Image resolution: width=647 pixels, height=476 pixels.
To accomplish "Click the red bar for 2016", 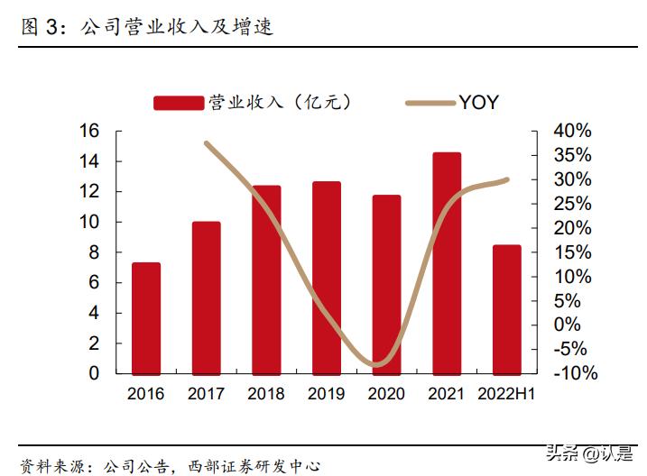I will [x=146, y=318].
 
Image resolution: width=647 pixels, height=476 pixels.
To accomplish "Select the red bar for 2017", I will [x=206, y=297].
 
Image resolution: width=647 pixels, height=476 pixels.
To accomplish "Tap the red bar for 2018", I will [x=266, y=279].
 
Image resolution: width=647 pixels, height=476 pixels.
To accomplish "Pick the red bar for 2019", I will [x=327, y=278].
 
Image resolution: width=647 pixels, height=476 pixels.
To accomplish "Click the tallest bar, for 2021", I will [x=447, y=263].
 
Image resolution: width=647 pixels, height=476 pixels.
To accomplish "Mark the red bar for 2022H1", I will [x=506, y=309].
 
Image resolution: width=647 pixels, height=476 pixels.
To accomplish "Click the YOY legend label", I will [x=478, y=103].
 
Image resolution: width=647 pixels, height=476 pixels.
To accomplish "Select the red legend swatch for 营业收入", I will [x=178, y=103].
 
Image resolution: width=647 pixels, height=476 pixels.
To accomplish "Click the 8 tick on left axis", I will [x=94, y=252].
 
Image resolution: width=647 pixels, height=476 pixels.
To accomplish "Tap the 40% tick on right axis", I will [x=572, y=131].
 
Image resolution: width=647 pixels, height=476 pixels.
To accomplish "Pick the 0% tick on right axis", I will [x=568, y=325].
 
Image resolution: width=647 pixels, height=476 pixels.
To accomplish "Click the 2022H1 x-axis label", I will [x=506, y=394].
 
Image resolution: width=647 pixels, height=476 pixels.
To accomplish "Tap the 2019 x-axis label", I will [x=327, y=394].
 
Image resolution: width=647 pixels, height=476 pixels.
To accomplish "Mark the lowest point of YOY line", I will [x=380, y=365].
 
